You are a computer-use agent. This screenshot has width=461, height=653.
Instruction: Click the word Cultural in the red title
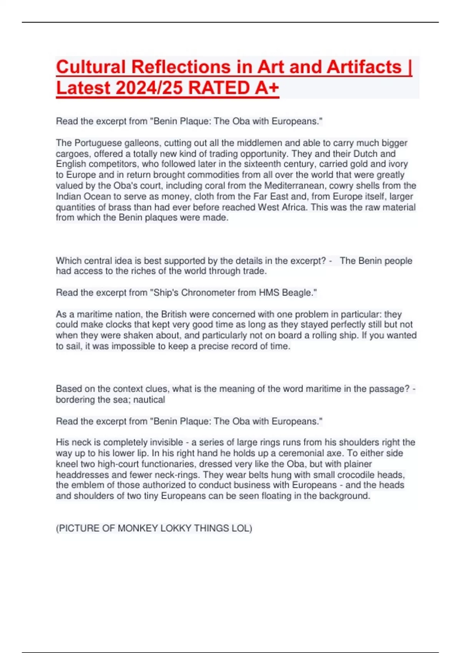[91, 67]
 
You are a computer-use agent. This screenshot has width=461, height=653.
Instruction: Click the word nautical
[149, 400]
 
